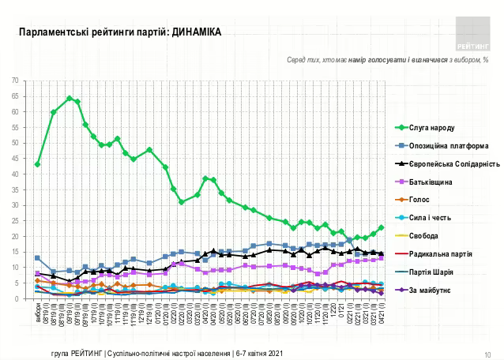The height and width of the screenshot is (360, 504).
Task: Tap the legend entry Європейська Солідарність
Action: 448,164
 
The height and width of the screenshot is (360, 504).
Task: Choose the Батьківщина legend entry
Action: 431,182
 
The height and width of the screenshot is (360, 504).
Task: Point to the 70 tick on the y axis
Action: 26,81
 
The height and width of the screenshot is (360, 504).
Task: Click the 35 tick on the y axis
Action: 26,189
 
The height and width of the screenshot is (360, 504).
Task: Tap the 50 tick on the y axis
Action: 26,143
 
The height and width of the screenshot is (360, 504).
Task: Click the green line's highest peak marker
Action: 70,99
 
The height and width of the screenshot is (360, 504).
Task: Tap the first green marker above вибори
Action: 38,164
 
